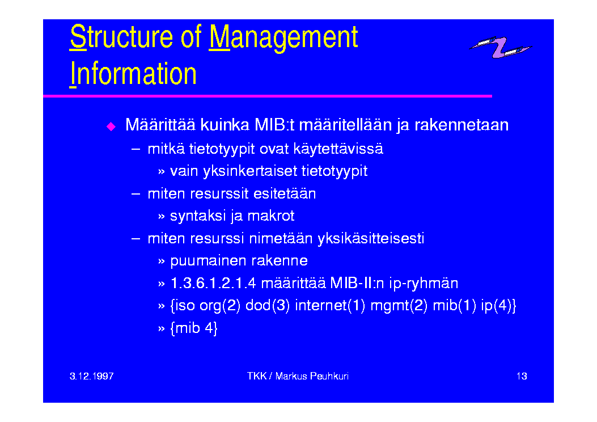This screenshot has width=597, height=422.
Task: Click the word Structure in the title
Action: pyautogui.click(x=121, y=36)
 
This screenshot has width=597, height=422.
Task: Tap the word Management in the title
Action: pyautogui.click(x=283, y=37)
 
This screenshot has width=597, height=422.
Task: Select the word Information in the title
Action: pyautogui.click(x=133, y=74)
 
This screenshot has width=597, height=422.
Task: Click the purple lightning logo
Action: pyautogui.click(x=500, y=47)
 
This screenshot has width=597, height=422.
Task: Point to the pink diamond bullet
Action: pyautogui.click(x=111, y=126)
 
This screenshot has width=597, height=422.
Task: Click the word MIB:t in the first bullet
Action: pyautogui.click(x=274, y=125)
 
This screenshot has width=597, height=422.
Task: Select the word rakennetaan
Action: pyautogui.click(x=461, y=125)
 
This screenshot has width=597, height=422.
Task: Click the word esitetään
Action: pyautogui.click(x=285, y=193)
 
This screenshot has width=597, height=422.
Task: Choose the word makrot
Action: pyautogui.click(x=270, y=216)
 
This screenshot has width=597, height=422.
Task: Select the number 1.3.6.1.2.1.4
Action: pyautogui.click(x=213, y=283)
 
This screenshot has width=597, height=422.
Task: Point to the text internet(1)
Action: pyautogui.click(x=330, y=306)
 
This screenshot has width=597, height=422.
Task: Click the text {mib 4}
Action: pyautogui.click(x=194, y=328)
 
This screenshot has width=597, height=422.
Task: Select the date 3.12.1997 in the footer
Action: pyautogui.click(x=92, y=376)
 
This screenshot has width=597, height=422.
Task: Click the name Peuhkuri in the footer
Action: pyautogui.click(x=329, y=376)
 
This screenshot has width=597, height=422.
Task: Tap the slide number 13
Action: pyautogui.click(x=522, y=376)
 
